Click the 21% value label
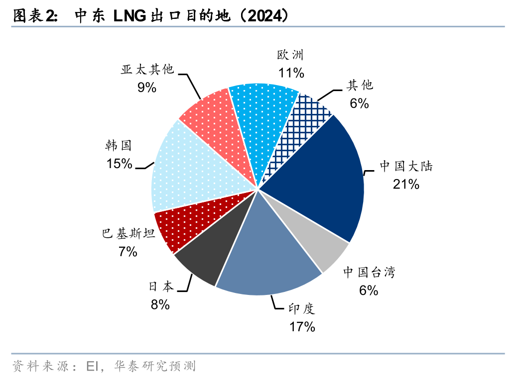point(406,185)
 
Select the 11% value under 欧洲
point(291,73)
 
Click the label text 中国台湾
point(369,272)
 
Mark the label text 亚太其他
point(147,70)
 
